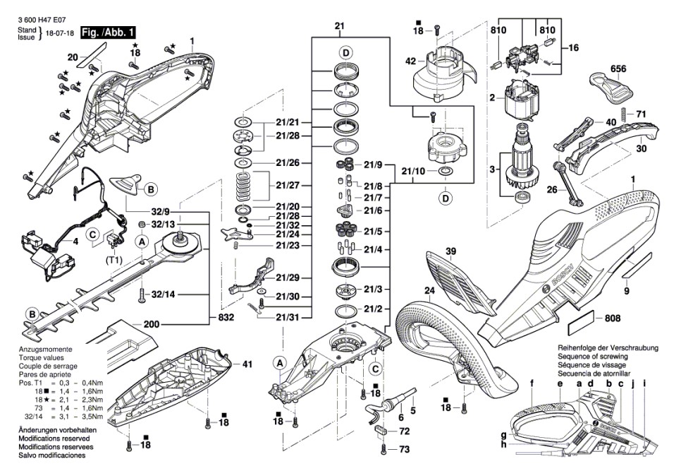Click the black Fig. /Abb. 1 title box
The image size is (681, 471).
pyautogui.click(x=108, y=32)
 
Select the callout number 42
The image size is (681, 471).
pyautogui.click(x=410, y=61)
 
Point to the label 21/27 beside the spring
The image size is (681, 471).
pyautogui.click(x=288, y=185)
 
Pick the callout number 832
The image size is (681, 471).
pyautogui.click(x=226, y=318)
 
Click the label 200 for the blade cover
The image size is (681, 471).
pyautogui.click(x=151, y=324)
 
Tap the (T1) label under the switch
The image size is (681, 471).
pyautogui.click(x=114, y=260)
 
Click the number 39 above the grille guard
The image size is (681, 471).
pyautogui.click(x=451, y=251)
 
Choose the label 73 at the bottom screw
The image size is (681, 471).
pyautogui.click(x=404, y=449)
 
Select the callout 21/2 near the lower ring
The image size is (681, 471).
pyautogui.click(x=373, y=309)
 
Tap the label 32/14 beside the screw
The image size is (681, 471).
pyautogui.click(x=163, y=294)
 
